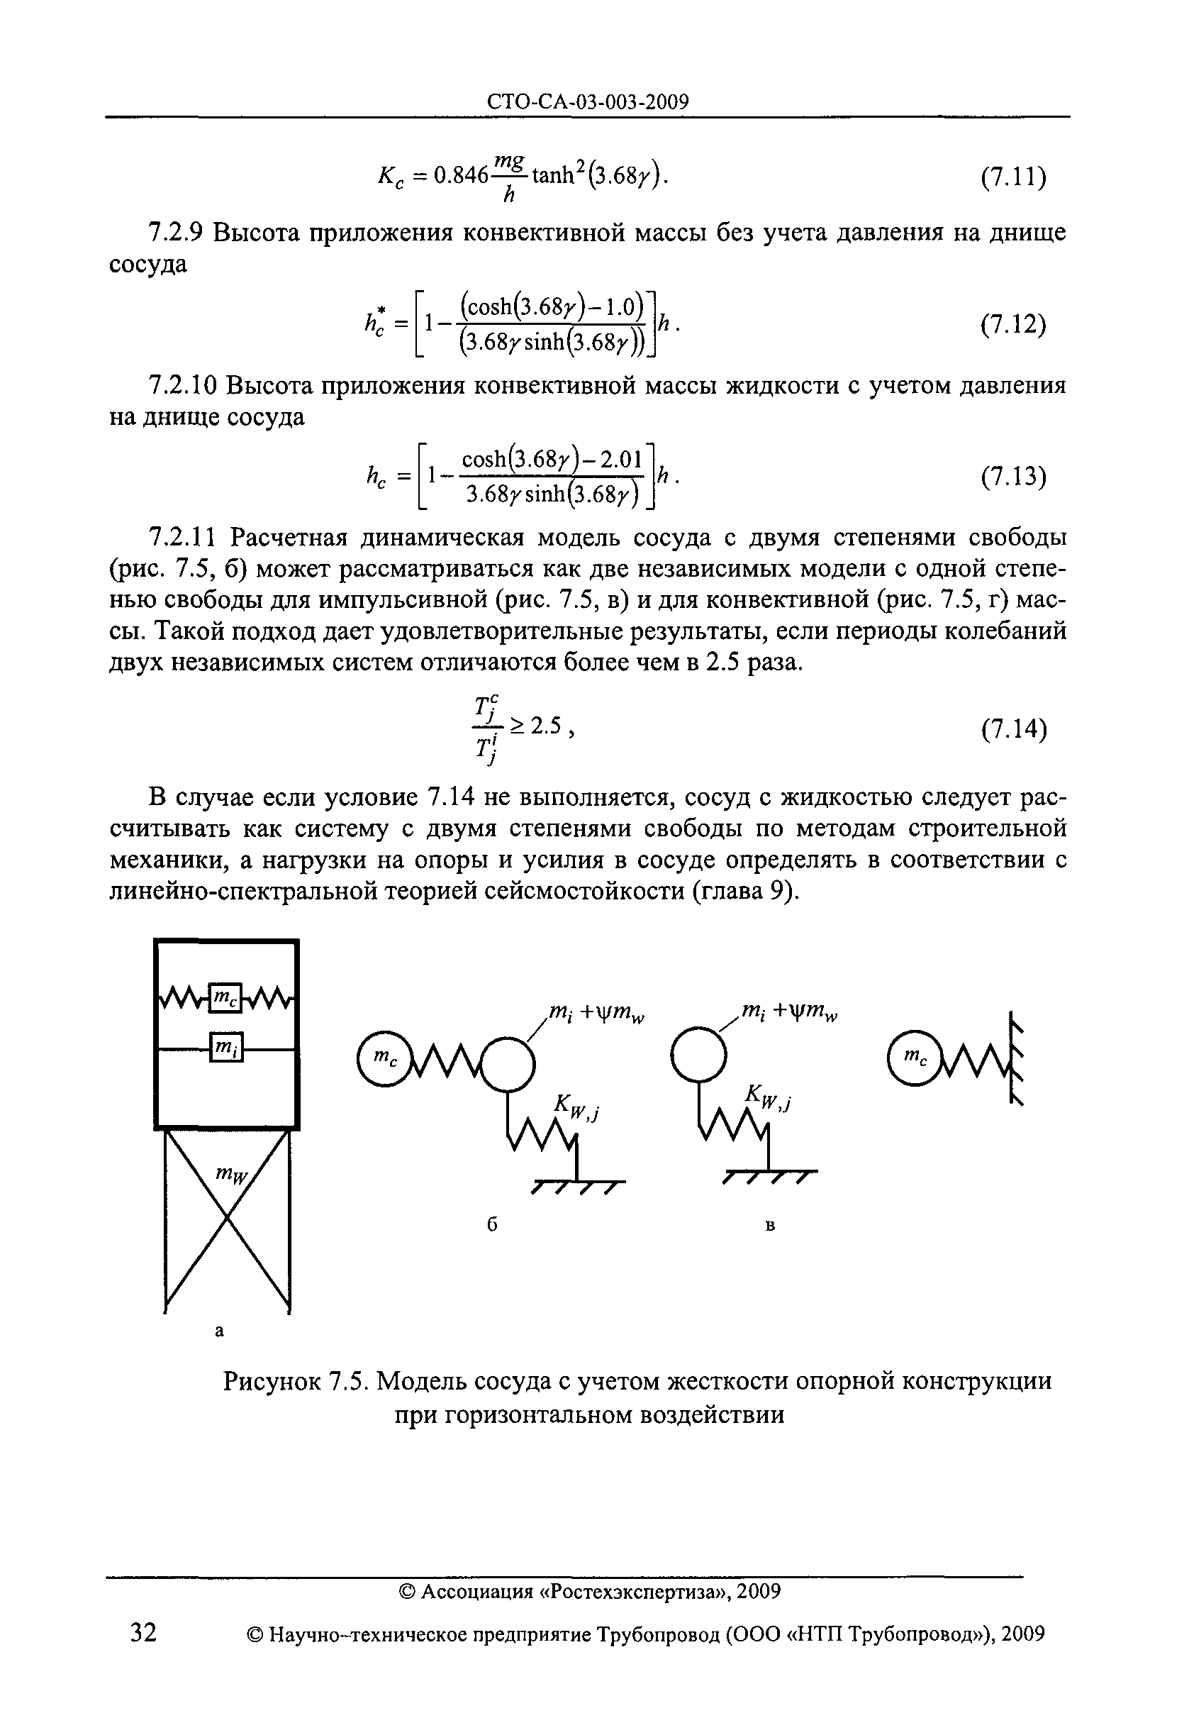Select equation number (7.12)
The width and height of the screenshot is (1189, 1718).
pyautogui.click(x=1013, y=325)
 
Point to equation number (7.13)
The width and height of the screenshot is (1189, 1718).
pyautogui.click(x=1013, y=476)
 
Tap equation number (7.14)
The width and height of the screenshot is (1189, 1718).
pyautogui.click(x=1013, y=730)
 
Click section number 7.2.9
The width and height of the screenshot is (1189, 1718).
pyautogui.click(x=175, y=233)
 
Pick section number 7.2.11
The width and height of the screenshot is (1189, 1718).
pyautogui.click(x=182, y=537)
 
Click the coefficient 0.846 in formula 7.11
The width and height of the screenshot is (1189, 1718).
pyautogui.click(x=460, y=177)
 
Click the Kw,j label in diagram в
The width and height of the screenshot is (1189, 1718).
pyautogui.click(x=767, y=1097)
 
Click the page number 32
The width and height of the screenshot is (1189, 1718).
pyautogui.click(x=143, y=1633)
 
